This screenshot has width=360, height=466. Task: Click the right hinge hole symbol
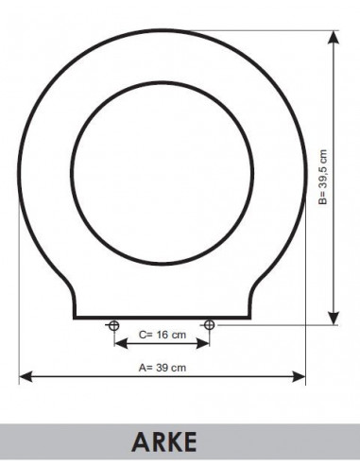(209, 326)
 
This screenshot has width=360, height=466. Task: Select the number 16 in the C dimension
(162, 334)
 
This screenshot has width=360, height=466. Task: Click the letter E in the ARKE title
(189, 442)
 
